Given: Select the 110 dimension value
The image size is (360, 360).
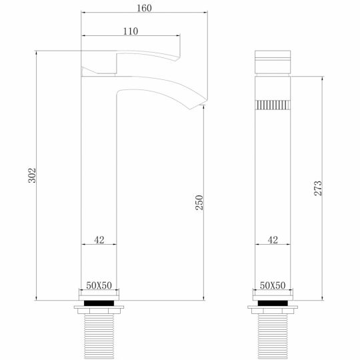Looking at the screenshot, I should point(131,31).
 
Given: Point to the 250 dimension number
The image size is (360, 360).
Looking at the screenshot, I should point(199,203).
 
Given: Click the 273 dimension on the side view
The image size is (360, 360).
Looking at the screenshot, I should point(318,189).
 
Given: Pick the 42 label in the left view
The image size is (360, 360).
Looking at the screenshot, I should point(99,241).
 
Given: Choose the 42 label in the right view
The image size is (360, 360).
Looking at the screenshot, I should point(273,241).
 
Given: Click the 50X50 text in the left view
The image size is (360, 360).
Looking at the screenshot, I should point(99,285).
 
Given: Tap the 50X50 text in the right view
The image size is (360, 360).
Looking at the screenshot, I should point(273,285).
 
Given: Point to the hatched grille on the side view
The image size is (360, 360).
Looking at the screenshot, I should point(273,105).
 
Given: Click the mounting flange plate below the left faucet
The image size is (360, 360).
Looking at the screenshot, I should point(99,309).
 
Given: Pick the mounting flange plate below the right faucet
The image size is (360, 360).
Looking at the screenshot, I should point(273,309).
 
